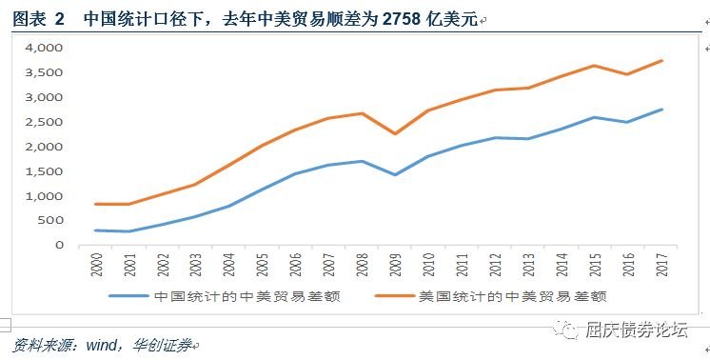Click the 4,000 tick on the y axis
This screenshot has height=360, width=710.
click(44, 48)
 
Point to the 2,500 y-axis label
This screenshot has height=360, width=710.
click(44, 122)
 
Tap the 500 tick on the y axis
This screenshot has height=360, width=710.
click(51, 221)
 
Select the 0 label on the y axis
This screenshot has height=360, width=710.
click(59, 246)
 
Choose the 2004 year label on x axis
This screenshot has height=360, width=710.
click(229, 267)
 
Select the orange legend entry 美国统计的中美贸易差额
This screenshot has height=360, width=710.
click(510, 296)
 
